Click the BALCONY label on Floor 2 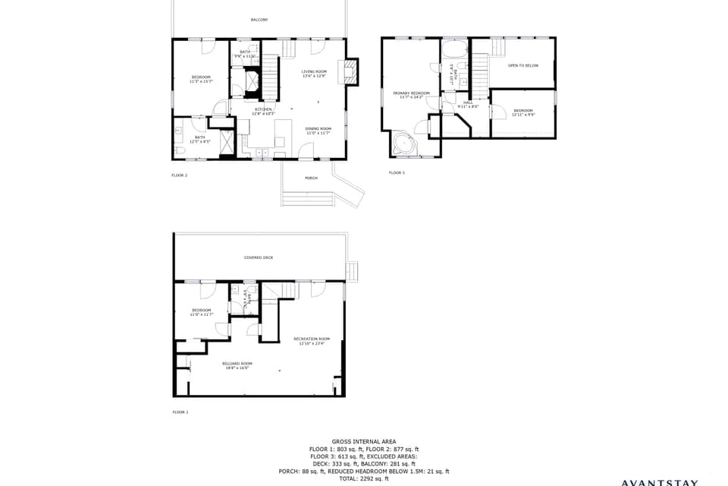[259, 20]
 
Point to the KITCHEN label [262, 111]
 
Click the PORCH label [311, 178]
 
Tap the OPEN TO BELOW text [522, 66]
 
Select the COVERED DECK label [259, 257]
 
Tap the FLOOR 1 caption [180, 412]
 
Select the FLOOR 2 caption [179, 175]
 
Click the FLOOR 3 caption [397, 173]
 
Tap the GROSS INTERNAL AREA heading [363, 441]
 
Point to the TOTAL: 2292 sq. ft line [363, 478]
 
